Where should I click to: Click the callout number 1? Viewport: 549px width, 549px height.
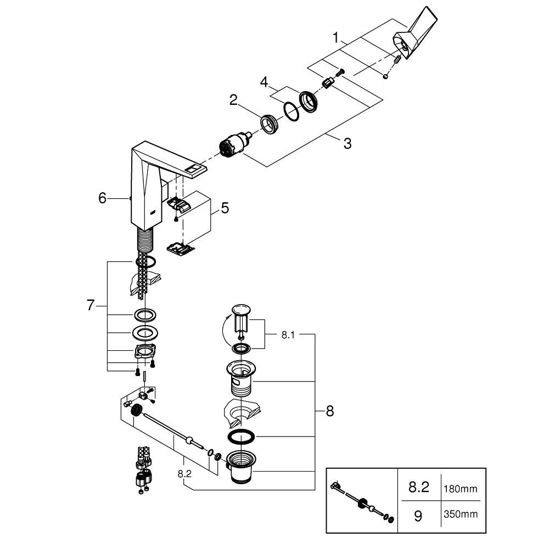[x=336, y=37]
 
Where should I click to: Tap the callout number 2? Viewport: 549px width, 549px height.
[x=233, y=100]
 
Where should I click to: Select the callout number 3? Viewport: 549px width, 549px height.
[x=347, y=143]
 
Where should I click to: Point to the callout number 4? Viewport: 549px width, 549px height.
[x=264, y=83]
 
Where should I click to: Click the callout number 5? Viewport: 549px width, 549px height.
[x=225, y=208]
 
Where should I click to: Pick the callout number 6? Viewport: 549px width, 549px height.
[x=102, y=198]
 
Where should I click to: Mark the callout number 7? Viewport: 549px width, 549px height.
[x=91, y=305]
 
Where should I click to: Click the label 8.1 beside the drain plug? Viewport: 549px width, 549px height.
[x=288, y=335]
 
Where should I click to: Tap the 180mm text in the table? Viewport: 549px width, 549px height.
[x=461, y=489]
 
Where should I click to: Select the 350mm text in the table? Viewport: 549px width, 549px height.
[x=461, y=514]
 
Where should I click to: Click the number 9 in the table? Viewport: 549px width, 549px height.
[x=418, y=516]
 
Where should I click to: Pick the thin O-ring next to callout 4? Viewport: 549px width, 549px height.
[x=291, y=111]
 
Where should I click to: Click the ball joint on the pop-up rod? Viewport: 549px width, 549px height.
[x=190, y=440]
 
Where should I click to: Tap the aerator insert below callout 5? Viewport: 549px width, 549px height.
[x=180, y=248]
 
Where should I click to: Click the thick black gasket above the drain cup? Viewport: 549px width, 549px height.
[x=241, y=436]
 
